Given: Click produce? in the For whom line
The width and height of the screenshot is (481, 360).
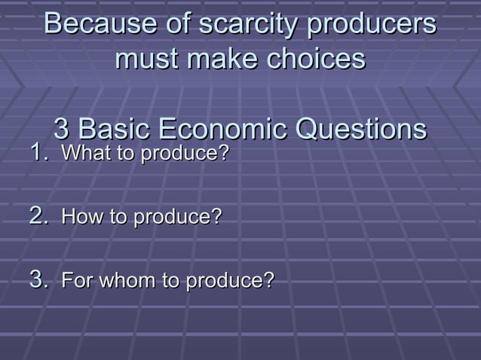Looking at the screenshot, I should point(230,282).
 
